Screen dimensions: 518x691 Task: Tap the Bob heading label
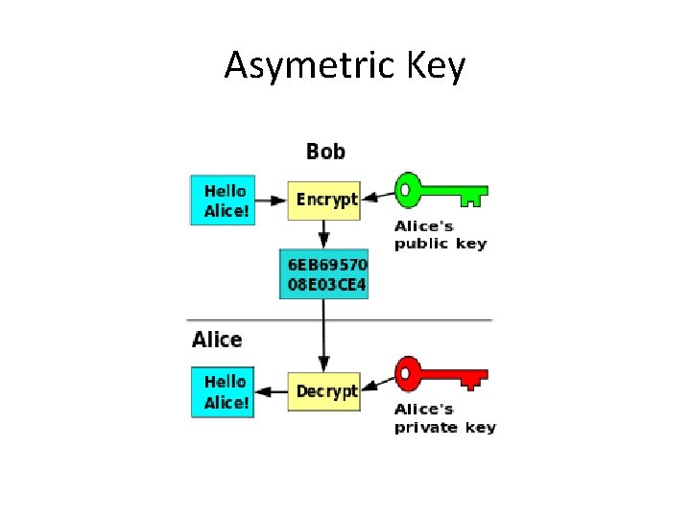[325, 152]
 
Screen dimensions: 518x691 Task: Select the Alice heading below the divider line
[217, 340]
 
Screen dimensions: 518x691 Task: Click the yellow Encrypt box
[324, 200]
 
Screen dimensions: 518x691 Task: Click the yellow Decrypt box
[324, 391]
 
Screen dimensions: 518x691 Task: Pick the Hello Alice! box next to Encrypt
[225, 200]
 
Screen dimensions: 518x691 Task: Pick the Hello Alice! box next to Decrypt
[225, 391]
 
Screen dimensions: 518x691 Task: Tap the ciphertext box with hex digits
[324, 274]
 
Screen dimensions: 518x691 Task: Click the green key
[441, 190]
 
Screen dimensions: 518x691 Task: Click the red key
[441, 373]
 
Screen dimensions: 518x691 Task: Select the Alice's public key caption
[441, 235]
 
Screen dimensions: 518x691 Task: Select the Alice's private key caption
[444, 418]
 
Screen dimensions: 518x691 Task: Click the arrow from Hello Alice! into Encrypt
[274, 200]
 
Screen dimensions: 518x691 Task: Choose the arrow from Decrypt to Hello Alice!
[274, 391]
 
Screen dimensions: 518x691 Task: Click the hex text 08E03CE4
[324, 285]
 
